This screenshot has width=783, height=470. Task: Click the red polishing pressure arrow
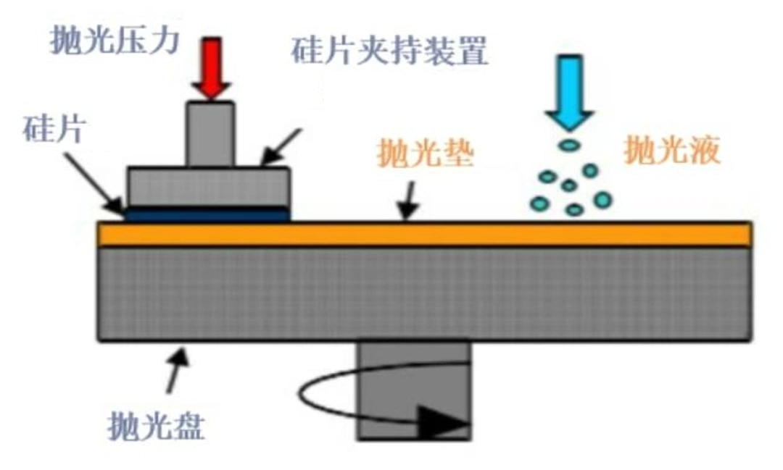point(212,68)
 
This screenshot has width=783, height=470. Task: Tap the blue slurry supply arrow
point(570,92)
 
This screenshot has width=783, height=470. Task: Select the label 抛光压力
point(115,40)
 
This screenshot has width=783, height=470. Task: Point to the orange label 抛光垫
point(425,152)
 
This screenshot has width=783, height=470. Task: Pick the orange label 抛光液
point(672,149)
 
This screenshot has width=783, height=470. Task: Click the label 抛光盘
point(156,426)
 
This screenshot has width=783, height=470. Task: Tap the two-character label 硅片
point(54,128)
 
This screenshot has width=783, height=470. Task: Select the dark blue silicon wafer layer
point(207,214)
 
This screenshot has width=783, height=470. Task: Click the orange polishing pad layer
point(424,235)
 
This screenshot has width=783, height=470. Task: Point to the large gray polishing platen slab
point(424,294)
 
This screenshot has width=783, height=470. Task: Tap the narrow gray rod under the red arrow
point(211,134)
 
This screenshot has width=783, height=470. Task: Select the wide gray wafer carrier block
point(209,187)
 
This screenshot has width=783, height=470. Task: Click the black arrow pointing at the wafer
point(95,185)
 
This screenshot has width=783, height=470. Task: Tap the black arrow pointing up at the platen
point(177,370)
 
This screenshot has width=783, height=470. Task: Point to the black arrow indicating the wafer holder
point(281,147)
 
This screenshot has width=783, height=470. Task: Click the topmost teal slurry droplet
point(569,145)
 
